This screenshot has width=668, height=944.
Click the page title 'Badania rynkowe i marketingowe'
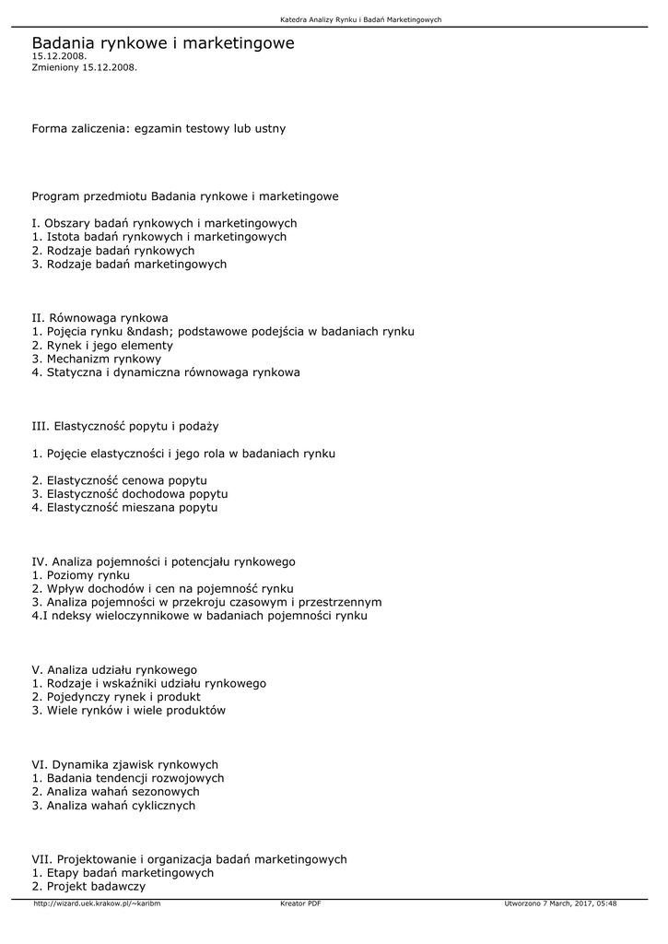tap(163, 43)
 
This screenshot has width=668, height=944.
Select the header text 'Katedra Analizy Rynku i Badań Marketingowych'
tap(361, 19)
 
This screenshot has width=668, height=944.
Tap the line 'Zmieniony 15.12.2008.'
tap(85, 67)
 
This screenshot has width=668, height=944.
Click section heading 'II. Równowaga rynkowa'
tap(100, 318)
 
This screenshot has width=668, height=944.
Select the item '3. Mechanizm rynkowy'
tap(96, 359)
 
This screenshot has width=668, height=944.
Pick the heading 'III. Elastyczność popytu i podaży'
tap(124, 426)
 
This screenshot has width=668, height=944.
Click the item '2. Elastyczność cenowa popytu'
tap(119, 480)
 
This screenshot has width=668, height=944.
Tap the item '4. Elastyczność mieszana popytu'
tap(124, 507)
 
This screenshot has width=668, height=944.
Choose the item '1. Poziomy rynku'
tap(81, 575)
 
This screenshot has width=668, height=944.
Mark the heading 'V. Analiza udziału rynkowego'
tap(114, 670)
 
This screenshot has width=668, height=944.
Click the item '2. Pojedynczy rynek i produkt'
tap(116, 697)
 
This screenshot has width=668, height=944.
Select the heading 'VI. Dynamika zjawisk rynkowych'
tap(124, 764)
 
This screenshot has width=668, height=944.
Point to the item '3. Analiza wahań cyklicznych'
tap(113, 805)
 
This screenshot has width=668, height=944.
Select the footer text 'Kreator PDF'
tap(300, 903)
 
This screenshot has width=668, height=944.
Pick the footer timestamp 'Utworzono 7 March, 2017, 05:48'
tap(560, 903)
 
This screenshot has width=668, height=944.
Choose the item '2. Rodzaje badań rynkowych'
tap(112, 251)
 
